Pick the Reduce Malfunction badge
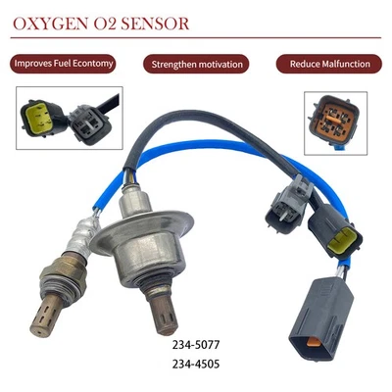329,64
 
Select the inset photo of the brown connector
335,122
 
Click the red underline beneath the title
196,40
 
